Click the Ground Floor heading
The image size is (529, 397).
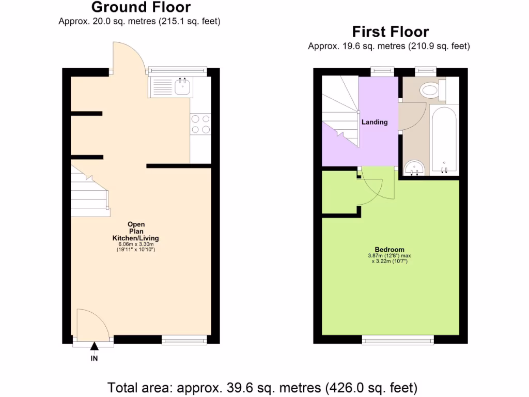[141, 7]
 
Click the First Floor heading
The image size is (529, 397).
[391, 32]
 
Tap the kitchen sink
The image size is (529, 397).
[182, 87]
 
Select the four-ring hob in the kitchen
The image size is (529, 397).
[200, 124]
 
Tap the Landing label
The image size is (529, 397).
[375, 122]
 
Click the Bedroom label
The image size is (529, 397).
[390, 249]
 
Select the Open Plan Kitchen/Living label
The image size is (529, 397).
[136, 231]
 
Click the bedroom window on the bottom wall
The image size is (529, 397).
[397, 339]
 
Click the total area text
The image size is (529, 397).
[262, 387]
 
